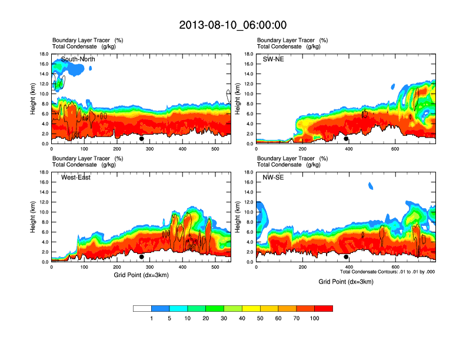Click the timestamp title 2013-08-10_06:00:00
[232, 25]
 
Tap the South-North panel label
[78, 59]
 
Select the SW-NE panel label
[273, 59]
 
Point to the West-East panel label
[76, 178]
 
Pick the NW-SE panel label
[274, 178]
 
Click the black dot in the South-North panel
[142, 139]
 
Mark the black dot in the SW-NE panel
[346, 139]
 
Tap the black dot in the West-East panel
[142, 257]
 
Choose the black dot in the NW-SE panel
[346, 257]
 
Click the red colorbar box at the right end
[324, 308]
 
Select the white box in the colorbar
[142, 308]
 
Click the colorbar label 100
[315, 318]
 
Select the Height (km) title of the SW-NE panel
[238, 98]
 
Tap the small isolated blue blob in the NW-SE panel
[371, 186]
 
